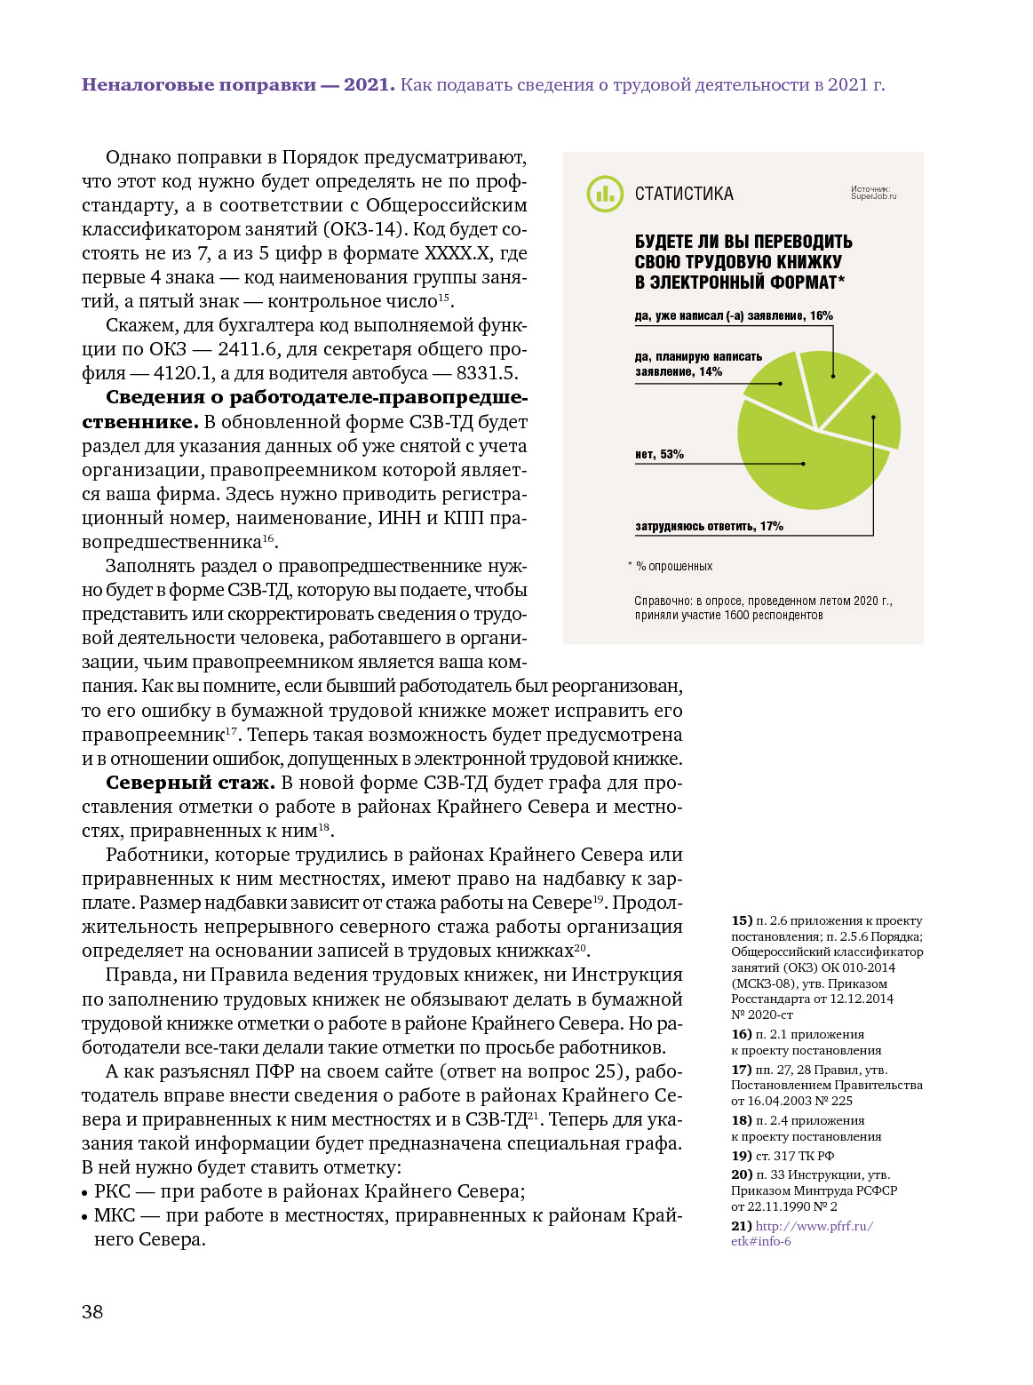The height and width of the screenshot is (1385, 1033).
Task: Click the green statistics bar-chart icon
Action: tap(605, 194)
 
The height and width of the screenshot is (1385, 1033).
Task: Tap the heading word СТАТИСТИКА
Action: tap(684, 194)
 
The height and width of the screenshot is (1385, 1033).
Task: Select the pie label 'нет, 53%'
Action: tap(659, 454)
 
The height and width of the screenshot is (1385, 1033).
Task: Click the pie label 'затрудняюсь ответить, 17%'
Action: tap(709, 526)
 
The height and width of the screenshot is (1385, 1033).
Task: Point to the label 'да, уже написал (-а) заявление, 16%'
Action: tap(734, 315)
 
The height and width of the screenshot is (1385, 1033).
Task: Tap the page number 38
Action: tap(92, 1311)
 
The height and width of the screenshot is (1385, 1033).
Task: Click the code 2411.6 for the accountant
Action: tap(251, 349)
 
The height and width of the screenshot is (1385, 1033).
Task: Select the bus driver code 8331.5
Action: tap(487, 373)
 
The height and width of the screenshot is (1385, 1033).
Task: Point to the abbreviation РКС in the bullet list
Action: tap(112, 1191)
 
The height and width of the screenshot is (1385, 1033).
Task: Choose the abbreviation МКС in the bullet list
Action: tap(115, 1215)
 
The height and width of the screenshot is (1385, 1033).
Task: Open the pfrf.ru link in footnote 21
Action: tap(814, 1226)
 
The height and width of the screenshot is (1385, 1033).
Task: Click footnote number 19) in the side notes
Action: tap(742, 1156)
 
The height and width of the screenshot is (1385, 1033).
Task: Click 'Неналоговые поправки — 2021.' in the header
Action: tap(238, 84)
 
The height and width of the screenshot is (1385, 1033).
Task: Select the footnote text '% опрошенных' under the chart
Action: tap(674, 566)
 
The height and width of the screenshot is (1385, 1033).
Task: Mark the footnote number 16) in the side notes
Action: tap(742, 1034)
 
